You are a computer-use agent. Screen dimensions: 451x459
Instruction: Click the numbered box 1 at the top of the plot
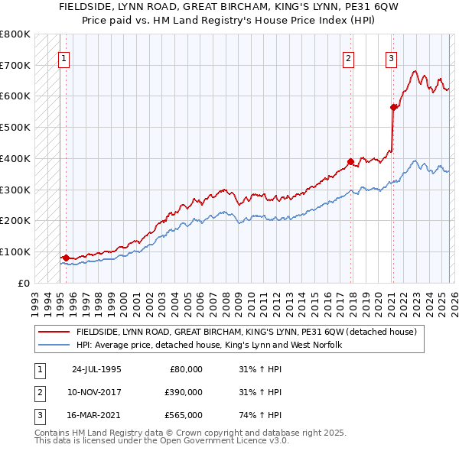(x=64, y=57)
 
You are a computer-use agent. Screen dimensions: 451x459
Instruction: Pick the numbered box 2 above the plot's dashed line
(x=348, y=57)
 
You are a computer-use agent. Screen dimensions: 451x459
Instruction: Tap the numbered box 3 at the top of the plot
(x=391, y=57)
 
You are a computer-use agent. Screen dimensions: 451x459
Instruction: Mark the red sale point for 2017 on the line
(x=350, y=161)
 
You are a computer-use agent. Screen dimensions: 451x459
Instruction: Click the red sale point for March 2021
(x=393, y=107)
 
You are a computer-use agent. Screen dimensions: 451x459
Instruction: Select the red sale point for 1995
(x=66, y=258)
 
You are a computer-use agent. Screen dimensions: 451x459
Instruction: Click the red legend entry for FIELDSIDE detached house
(x=246, y=332)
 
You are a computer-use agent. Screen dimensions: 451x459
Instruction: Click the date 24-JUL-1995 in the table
(x=96, y=369)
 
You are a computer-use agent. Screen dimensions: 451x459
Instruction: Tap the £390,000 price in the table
(x=184, y=392)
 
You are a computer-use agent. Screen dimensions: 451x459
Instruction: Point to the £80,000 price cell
(x=186, y=369)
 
